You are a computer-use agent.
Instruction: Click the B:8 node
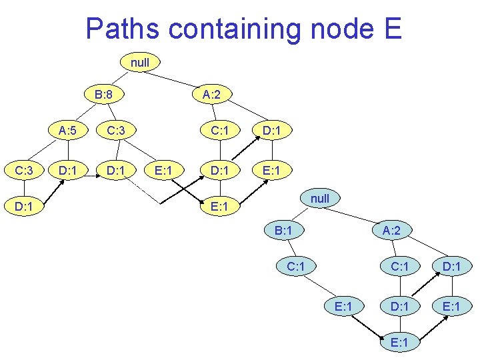[x=103, y=95]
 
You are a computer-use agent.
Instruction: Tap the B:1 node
[x=284, y=231]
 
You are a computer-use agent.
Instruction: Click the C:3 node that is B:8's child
[x=116, y=131]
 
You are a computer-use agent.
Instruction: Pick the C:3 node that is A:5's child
[x=24, y=171]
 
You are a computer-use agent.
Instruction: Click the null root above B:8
[x=140, y=63]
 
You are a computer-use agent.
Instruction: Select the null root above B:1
[x=320, y=199]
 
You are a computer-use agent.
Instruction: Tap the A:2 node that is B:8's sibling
[x=212, y=95]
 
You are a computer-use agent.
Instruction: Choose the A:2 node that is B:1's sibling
[x=392, y=231]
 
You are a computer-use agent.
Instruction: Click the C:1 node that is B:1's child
[x=296, y=267]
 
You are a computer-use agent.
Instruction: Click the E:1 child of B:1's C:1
[x=344, y=306]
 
